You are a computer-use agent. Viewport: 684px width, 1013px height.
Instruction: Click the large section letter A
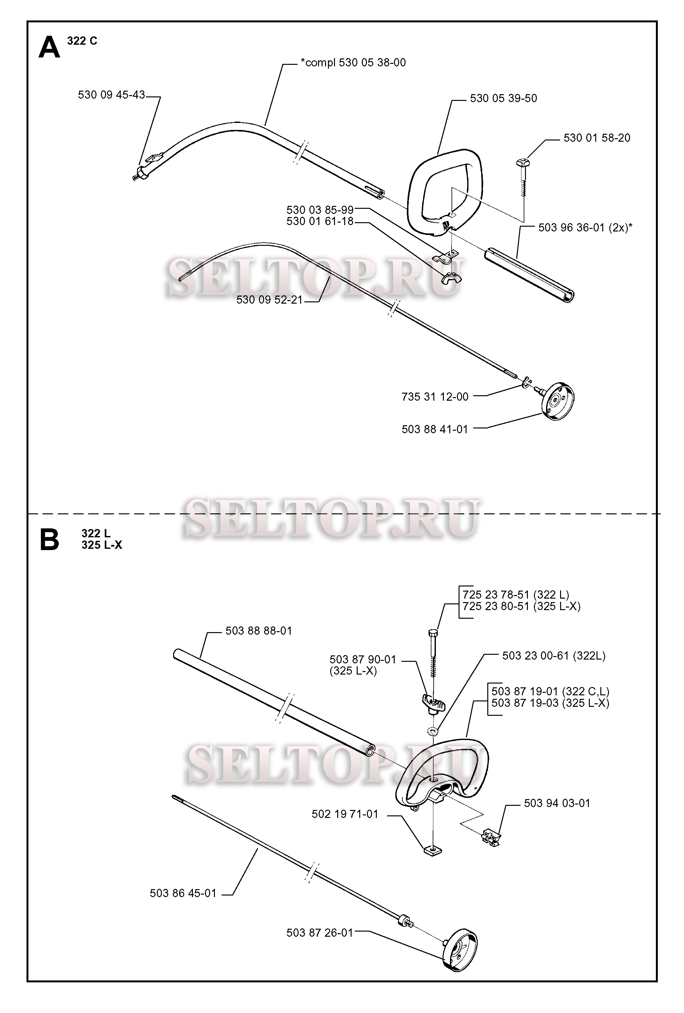pos(49,48)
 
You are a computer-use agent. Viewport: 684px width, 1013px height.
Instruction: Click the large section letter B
pos(49,539)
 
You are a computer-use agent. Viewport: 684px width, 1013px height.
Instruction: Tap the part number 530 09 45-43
pos(111,95)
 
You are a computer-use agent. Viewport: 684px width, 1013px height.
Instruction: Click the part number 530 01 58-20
pos(597,138)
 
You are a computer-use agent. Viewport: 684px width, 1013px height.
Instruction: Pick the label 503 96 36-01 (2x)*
pos(585,228)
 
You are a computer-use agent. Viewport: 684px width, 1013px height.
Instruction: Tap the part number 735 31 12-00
pos(435,397)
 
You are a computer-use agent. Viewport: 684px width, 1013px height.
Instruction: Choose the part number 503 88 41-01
pos(434,429)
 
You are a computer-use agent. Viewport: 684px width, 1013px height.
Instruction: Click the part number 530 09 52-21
pos(269,300)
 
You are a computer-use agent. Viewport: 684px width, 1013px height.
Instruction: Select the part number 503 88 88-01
pos(259,631)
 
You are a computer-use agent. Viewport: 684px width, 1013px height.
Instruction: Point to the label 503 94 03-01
pos(557,803)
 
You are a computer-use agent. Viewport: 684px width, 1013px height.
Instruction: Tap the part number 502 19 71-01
pos(345,814)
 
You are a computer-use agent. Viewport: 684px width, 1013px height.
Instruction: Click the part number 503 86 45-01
pos(183,893)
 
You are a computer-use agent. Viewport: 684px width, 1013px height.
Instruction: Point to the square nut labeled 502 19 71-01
pos(433,850)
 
